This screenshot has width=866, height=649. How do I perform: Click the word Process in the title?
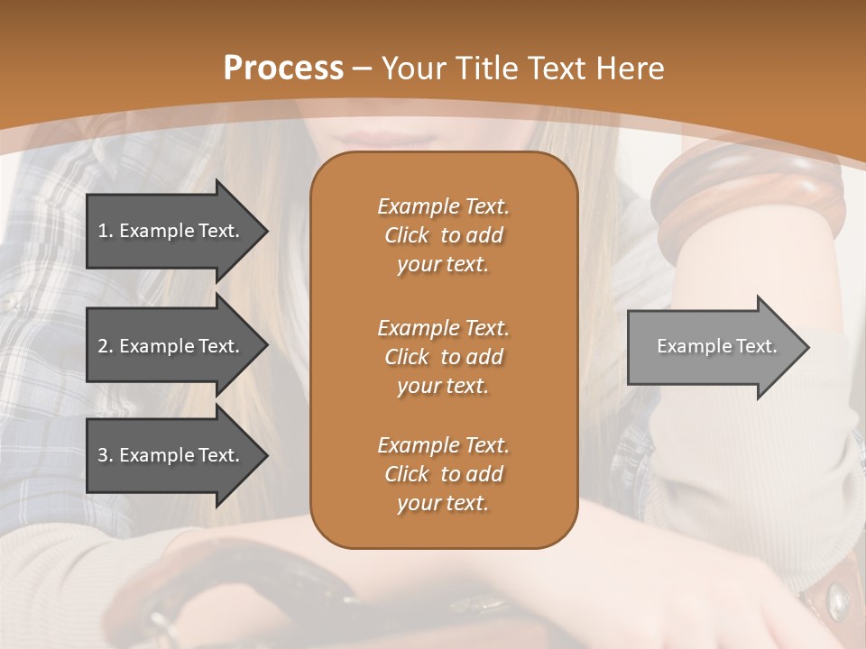coord(283,69)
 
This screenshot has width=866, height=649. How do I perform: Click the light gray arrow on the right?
coord(713,347)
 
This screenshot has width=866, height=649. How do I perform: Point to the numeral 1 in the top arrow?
coord(103,231)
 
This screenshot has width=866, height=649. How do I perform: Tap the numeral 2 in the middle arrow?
coord(103,346)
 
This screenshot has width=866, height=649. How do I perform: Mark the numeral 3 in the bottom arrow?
coord(103,455)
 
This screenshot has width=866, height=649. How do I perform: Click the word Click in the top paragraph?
coord(407,236)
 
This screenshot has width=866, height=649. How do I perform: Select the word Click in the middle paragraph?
coord(407,357)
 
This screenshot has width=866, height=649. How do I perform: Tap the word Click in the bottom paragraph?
coord(407,474)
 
